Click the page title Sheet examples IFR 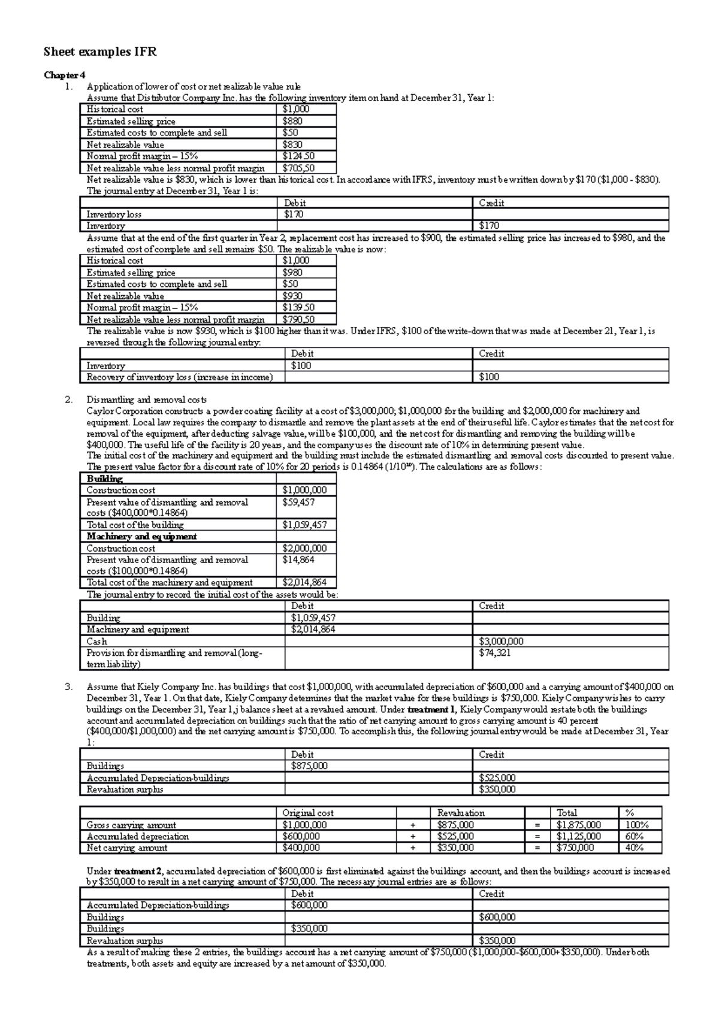click(100, 52)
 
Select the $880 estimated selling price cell click(293, 121)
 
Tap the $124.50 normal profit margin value click(298, 156)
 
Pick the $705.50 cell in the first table click(298, 168)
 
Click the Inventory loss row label click(114, 214)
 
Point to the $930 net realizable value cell click(293, 296)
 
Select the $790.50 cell click(298, 320)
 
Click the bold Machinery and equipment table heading click(141, 537)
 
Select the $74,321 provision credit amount click(495, 652)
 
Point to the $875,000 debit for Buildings click(309, 765)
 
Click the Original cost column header click(308, 813)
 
